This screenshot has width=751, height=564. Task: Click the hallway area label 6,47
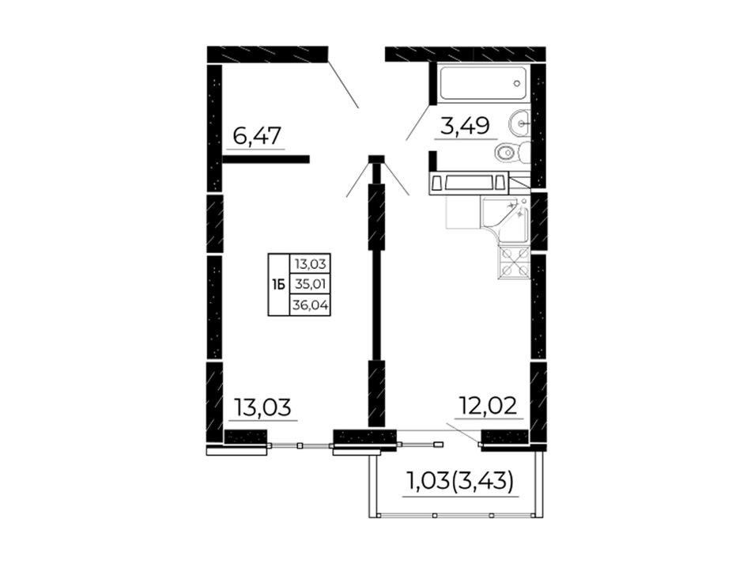pyautogui.click(x=256, y=137)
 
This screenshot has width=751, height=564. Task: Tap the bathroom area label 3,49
pyautogui.click(x=465, y=126)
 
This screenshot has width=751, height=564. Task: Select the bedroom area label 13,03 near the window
pyautogui.click(x=262, y=408)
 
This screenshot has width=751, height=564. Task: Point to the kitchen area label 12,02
pyautogui.click(x=488, y=406)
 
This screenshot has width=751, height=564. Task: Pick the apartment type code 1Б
pyautogui.click(x=278, y=285)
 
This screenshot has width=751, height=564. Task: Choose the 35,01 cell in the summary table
pyautogui.click(x=311, y=285)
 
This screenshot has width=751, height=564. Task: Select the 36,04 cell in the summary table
pyautogui.click(x=311, y=305)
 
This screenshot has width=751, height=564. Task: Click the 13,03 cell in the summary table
pyautogui.click(x=311, y=264)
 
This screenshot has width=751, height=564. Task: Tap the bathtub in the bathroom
pyautogui.click(x=484, y=83)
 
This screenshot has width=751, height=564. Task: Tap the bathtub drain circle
pyautogui.click(x=516, y=83)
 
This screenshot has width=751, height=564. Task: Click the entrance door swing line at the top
pyautogui.click(x=343, y=82)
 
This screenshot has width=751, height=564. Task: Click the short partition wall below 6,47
pyautogui.click(x=266, y=160)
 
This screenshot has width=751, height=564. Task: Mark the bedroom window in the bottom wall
pyautogui.click(x=300, y=445)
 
